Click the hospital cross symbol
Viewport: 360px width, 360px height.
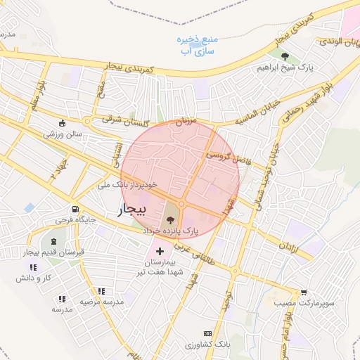coord(160,250)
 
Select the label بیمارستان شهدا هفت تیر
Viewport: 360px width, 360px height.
coord(160,266)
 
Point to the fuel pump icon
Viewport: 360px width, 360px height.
coord(75,209)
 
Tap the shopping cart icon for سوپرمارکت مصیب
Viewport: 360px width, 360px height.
coord(303,292)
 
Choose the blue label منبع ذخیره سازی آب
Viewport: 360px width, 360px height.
coord(198,45)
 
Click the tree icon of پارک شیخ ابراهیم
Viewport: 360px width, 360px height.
coord(285,56)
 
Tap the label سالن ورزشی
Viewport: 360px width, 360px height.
coord(63,133)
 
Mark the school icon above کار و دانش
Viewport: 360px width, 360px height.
coord(32,267)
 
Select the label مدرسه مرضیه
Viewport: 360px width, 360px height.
coord(101,301)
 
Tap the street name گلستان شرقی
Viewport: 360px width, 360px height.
coord(125,120)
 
